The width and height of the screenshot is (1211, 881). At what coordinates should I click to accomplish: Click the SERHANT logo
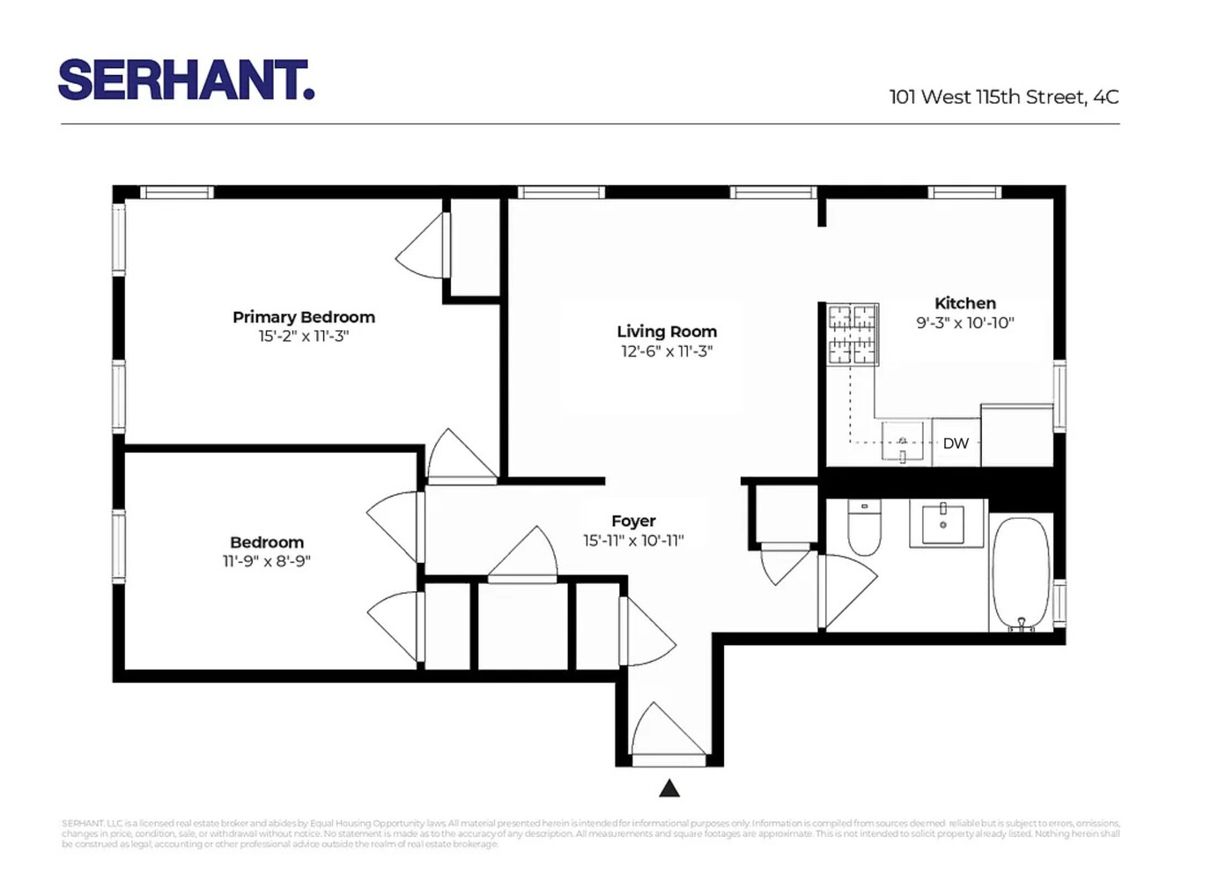[186, 80]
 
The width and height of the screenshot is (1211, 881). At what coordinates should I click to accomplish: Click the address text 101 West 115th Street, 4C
[1003, 97]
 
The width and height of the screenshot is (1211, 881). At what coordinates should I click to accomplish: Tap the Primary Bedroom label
[303, 316]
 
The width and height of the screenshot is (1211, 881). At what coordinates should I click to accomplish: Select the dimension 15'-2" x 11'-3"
[303, 337]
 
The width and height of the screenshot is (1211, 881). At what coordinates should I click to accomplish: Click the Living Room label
[667, 331]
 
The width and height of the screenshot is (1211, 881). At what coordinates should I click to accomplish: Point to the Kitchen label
[964, 303]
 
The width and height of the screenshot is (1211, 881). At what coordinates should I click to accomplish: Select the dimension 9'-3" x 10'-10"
[964, 323]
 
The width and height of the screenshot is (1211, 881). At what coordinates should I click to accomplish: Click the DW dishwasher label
[956, 443]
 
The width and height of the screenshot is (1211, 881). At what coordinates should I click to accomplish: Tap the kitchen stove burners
[853, 335]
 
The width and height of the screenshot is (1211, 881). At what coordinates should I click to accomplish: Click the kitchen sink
[903, 440]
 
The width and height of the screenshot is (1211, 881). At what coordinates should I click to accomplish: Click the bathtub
[1021, 573]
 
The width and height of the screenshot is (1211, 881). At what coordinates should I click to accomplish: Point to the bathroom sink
[943, 523]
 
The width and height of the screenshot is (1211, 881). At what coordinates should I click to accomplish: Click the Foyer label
[633, 521]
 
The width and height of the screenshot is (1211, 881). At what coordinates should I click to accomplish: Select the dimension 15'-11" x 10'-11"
[633, 541]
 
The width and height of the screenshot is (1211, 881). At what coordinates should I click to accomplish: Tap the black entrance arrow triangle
[669, 788]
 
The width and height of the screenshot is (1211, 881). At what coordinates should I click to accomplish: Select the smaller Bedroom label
[267, 542]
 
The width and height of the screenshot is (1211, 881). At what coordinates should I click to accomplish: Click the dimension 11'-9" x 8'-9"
[267, 562]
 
